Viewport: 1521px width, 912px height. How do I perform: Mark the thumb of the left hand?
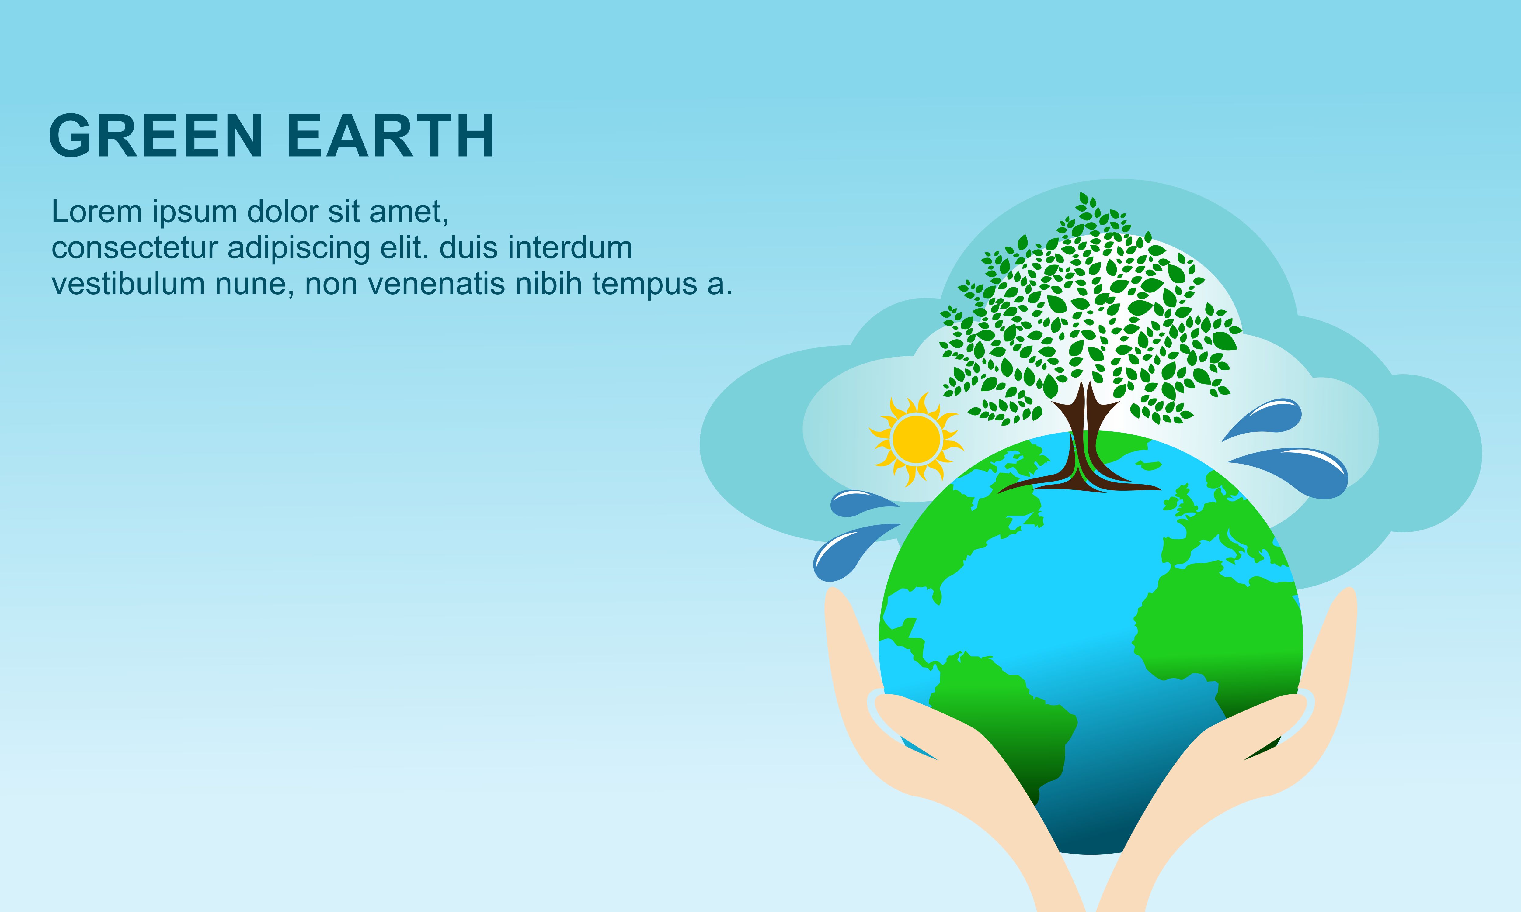point(922,725)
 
